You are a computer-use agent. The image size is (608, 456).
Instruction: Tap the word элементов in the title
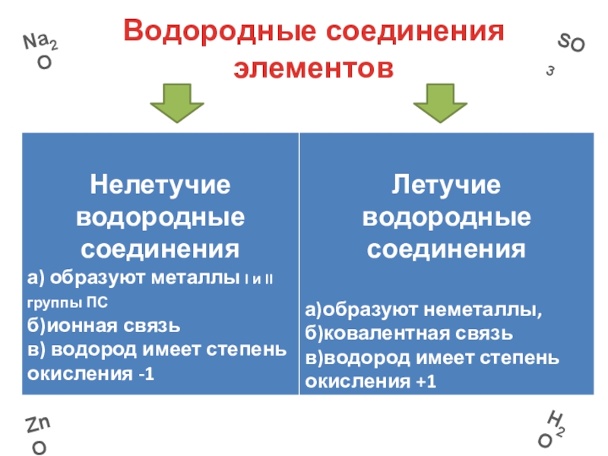[x=314, y=68]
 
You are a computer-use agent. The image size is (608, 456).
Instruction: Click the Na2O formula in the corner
[x=43, y=51]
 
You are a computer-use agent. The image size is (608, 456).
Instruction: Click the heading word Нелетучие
[x=160, y=184]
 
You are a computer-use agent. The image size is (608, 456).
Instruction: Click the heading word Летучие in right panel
[x=446, y=184]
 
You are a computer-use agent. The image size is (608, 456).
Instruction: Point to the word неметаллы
[x=449, y=309]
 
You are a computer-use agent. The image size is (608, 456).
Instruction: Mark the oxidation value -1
[x=142, y=375]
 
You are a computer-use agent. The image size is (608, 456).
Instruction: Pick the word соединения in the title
[x=416, y=33]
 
